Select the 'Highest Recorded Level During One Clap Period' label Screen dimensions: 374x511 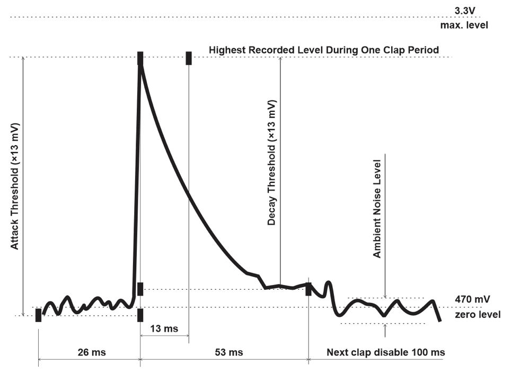(323, 50)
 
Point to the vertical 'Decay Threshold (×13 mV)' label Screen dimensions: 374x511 (271, 162)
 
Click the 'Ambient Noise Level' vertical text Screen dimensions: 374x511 (377, 208)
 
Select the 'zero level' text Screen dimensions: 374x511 (477, 315)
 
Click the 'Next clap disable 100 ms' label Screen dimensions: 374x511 (385, 352)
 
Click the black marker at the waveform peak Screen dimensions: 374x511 (140, 58)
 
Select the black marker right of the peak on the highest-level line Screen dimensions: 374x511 (189, 58)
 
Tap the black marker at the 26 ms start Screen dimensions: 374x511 (38, 315)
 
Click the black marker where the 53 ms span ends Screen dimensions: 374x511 (309, 290)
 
